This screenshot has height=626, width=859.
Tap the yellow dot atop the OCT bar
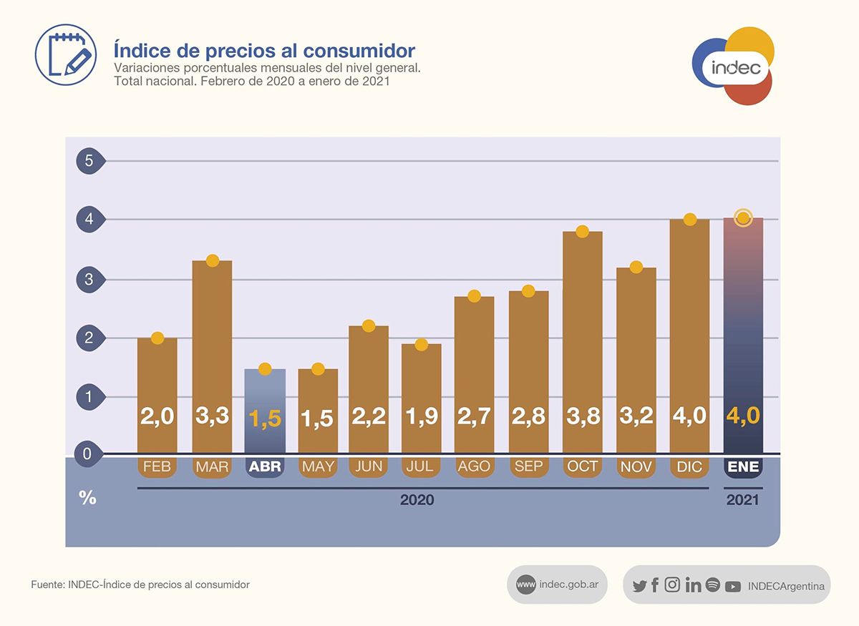[582, 231]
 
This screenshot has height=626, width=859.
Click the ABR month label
[265, 467]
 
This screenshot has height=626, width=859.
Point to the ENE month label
[743, 467]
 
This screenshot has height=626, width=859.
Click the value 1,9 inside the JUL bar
[421, 416]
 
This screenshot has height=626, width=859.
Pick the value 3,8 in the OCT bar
[582, 416]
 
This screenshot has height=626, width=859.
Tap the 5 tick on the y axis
[89, 161]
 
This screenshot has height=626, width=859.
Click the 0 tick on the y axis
[87, 454]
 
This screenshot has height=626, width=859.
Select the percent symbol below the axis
[87, 498]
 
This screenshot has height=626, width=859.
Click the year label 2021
[742, 500]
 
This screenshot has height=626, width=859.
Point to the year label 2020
[417, 500]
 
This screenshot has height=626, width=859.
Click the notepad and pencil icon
[66, 54]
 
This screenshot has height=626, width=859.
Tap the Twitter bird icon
[639, 586]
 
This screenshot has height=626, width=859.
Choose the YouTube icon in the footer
[732, 586]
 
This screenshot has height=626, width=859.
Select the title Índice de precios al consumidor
[264, 51]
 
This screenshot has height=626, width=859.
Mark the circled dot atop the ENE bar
[743, 217]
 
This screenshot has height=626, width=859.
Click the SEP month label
[528, 467]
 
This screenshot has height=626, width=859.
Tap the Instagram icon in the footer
[672, 585]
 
